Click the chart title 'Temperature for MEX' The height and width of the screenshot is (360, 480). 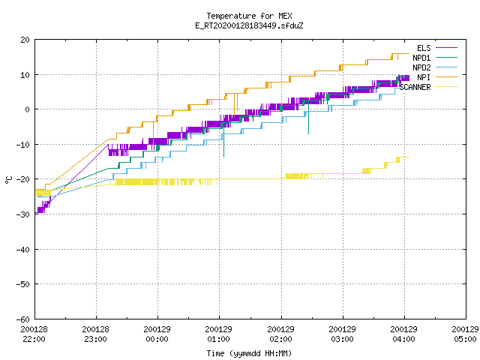pos(249,16)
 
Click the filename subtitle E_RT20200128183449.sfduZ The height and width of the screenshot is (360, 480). pos(249,25)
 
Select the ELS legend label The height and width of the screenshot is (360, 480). pos(424,48)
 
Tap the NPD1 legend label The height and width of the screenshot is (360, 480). pos(421,58)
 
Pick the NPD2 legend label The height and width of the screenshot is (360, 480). pos(421,67)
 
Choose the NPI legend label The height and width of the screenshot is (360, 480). pos(424,77)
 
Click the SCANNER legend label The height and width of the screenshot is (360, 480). pos(415,87)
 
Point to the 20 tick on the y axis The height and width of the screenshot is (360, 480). pos(25,40)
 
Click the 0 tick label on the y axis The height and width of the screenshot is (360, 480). pos(27,109)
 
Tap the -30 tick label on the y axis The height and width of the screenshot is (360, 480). pos(23,214)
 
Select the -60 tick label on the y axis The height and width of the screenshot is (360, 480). pos(23,319)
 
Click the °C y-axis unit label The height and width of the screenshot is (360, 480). pos(8,180)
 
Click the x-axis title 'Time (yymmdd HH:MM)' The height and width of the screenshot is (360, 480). pos(249,353)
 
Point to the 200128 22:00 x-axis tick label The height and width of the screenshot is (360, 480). pos(34,334)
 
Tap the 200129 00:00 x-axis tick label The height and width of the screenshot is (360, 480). pos(157,334)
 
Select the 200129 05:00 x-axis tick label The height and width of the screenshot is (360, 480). pos(465,334)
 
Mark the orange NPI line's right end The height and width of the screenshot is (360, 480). pos(409,53)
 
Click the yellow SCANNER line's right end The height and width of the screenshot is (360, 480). pos(409,157)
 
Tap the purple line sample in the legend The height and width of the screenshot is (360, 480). pos(446,48)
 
